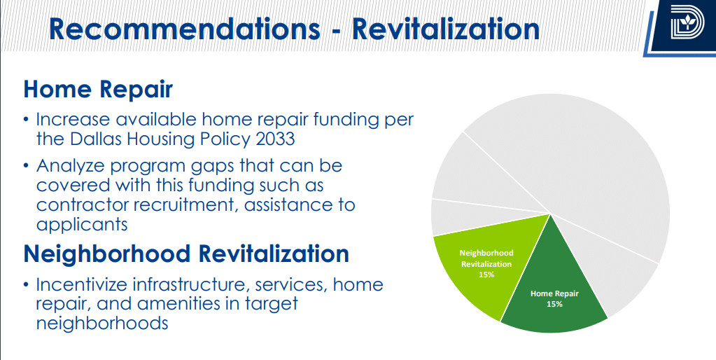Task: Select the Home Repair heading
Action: pyautogui.click(x=98, y=90)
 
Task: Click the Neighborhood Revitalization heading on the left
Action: pyautogui.click(x=186, y=254)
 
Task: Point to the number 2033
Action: pyautogui.click(x=275, y=139)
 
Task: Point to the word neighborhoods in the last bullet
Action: pyautogui.click(x=102, y=324)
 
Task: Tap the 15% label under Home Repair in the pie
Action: pyautogui.click(x=554, y=304)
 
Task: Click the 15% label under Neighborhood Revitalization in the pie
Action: pyautogui.click(x=486, y=275)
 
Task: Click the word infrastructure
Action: pyautogui.click(x=191, y=284)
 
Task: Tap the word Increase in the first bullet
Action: pyautogui.click(x=73, y=120)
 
